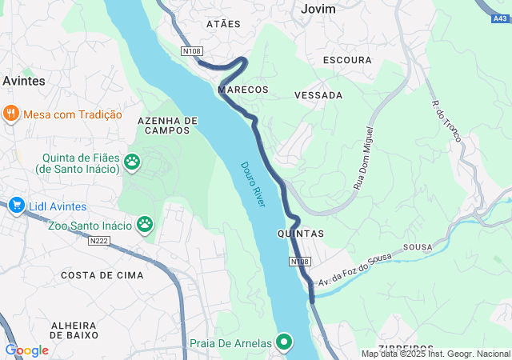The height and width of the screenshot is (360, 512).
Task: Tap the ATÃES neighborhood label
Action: [x=223, y=24]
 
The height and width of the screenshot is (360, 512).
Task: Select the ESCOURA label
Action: [x=347, y=60]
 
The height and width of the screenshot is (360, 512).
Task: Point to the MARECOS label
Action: [x=243, y=90]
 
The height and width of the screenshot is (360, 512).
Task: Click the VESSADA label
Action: [x=318, y=95]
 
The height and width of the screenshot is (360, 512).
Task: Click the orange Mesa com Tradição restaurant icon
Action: [x=10, y=114]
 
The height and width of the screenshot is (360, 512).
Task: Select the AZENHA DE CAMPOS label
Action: [x=168, y=125]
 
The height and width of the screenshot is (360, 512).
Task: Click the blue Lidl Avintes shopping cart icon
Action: [x=16, y=206]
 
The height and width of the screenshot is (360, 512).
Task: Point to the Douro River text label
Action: [x=254, y=185]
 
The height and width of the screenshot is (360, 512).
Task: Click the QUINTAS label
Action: [x=300, y=234]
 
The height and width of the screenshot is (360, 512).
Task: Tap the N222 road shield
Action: [x=99, y=240]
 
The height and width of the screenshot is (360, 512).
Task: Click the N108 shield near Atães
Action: [x=191, y=51]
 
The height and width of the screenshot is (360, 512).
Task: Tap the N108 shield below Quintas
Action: [x=299, y=262]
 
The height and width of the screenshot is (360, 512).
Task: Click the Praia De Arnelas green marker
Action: [x=284, y=343]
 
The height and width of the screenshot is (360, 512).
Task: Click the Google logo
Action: [x=26, y=350]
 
